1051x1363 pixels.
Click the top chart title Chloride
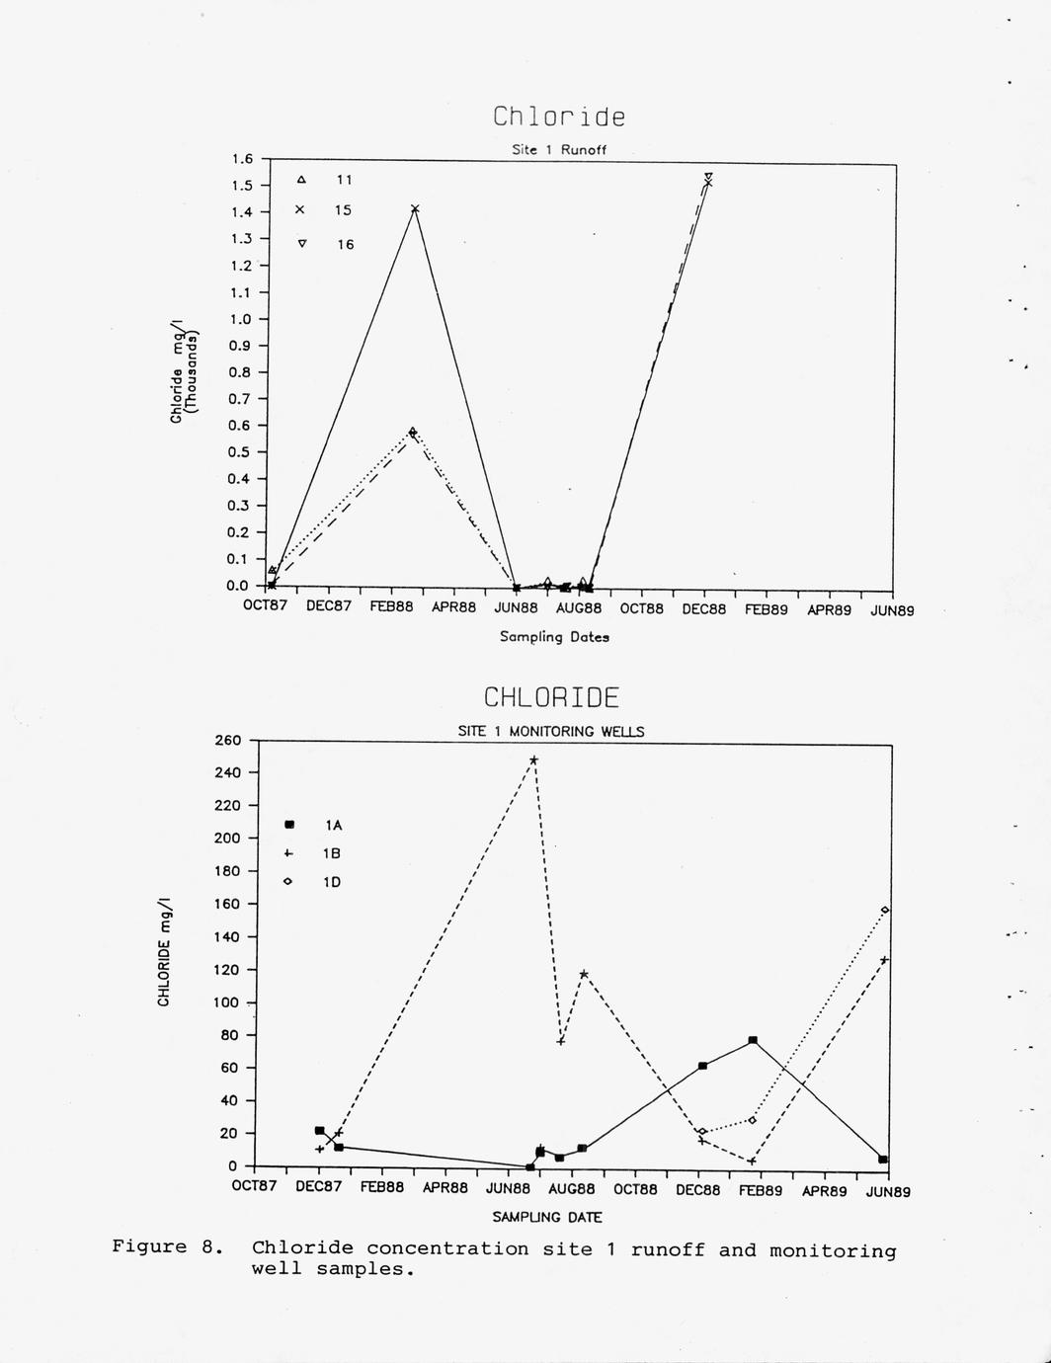(559, 117)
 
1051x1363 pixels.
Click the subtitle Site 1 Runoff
(559, 150)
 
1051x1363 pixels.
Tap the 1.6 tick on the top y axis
(242, 159)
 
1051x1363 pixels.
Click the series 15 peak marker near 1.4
(415, 208)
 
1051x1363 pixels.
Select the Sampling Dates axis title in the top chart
(554, 637)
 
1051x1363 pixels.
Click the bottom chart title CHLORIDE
(551, 697)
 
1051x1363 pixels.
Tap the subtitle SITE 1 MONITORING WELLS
(550, 732)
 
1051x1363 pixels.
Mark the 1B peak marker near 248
(533, 760)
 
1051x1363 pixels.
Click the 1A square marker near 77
(753, 1040)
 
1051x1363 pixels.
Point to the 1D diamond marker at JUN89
(885, 910)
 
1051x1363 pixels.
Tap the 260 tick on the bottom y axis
(227, 740)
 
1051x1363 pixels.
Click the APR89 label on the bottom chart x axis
(824, 1191)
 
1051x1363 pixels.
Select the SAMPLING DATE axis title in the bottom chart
(546, 1218)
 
